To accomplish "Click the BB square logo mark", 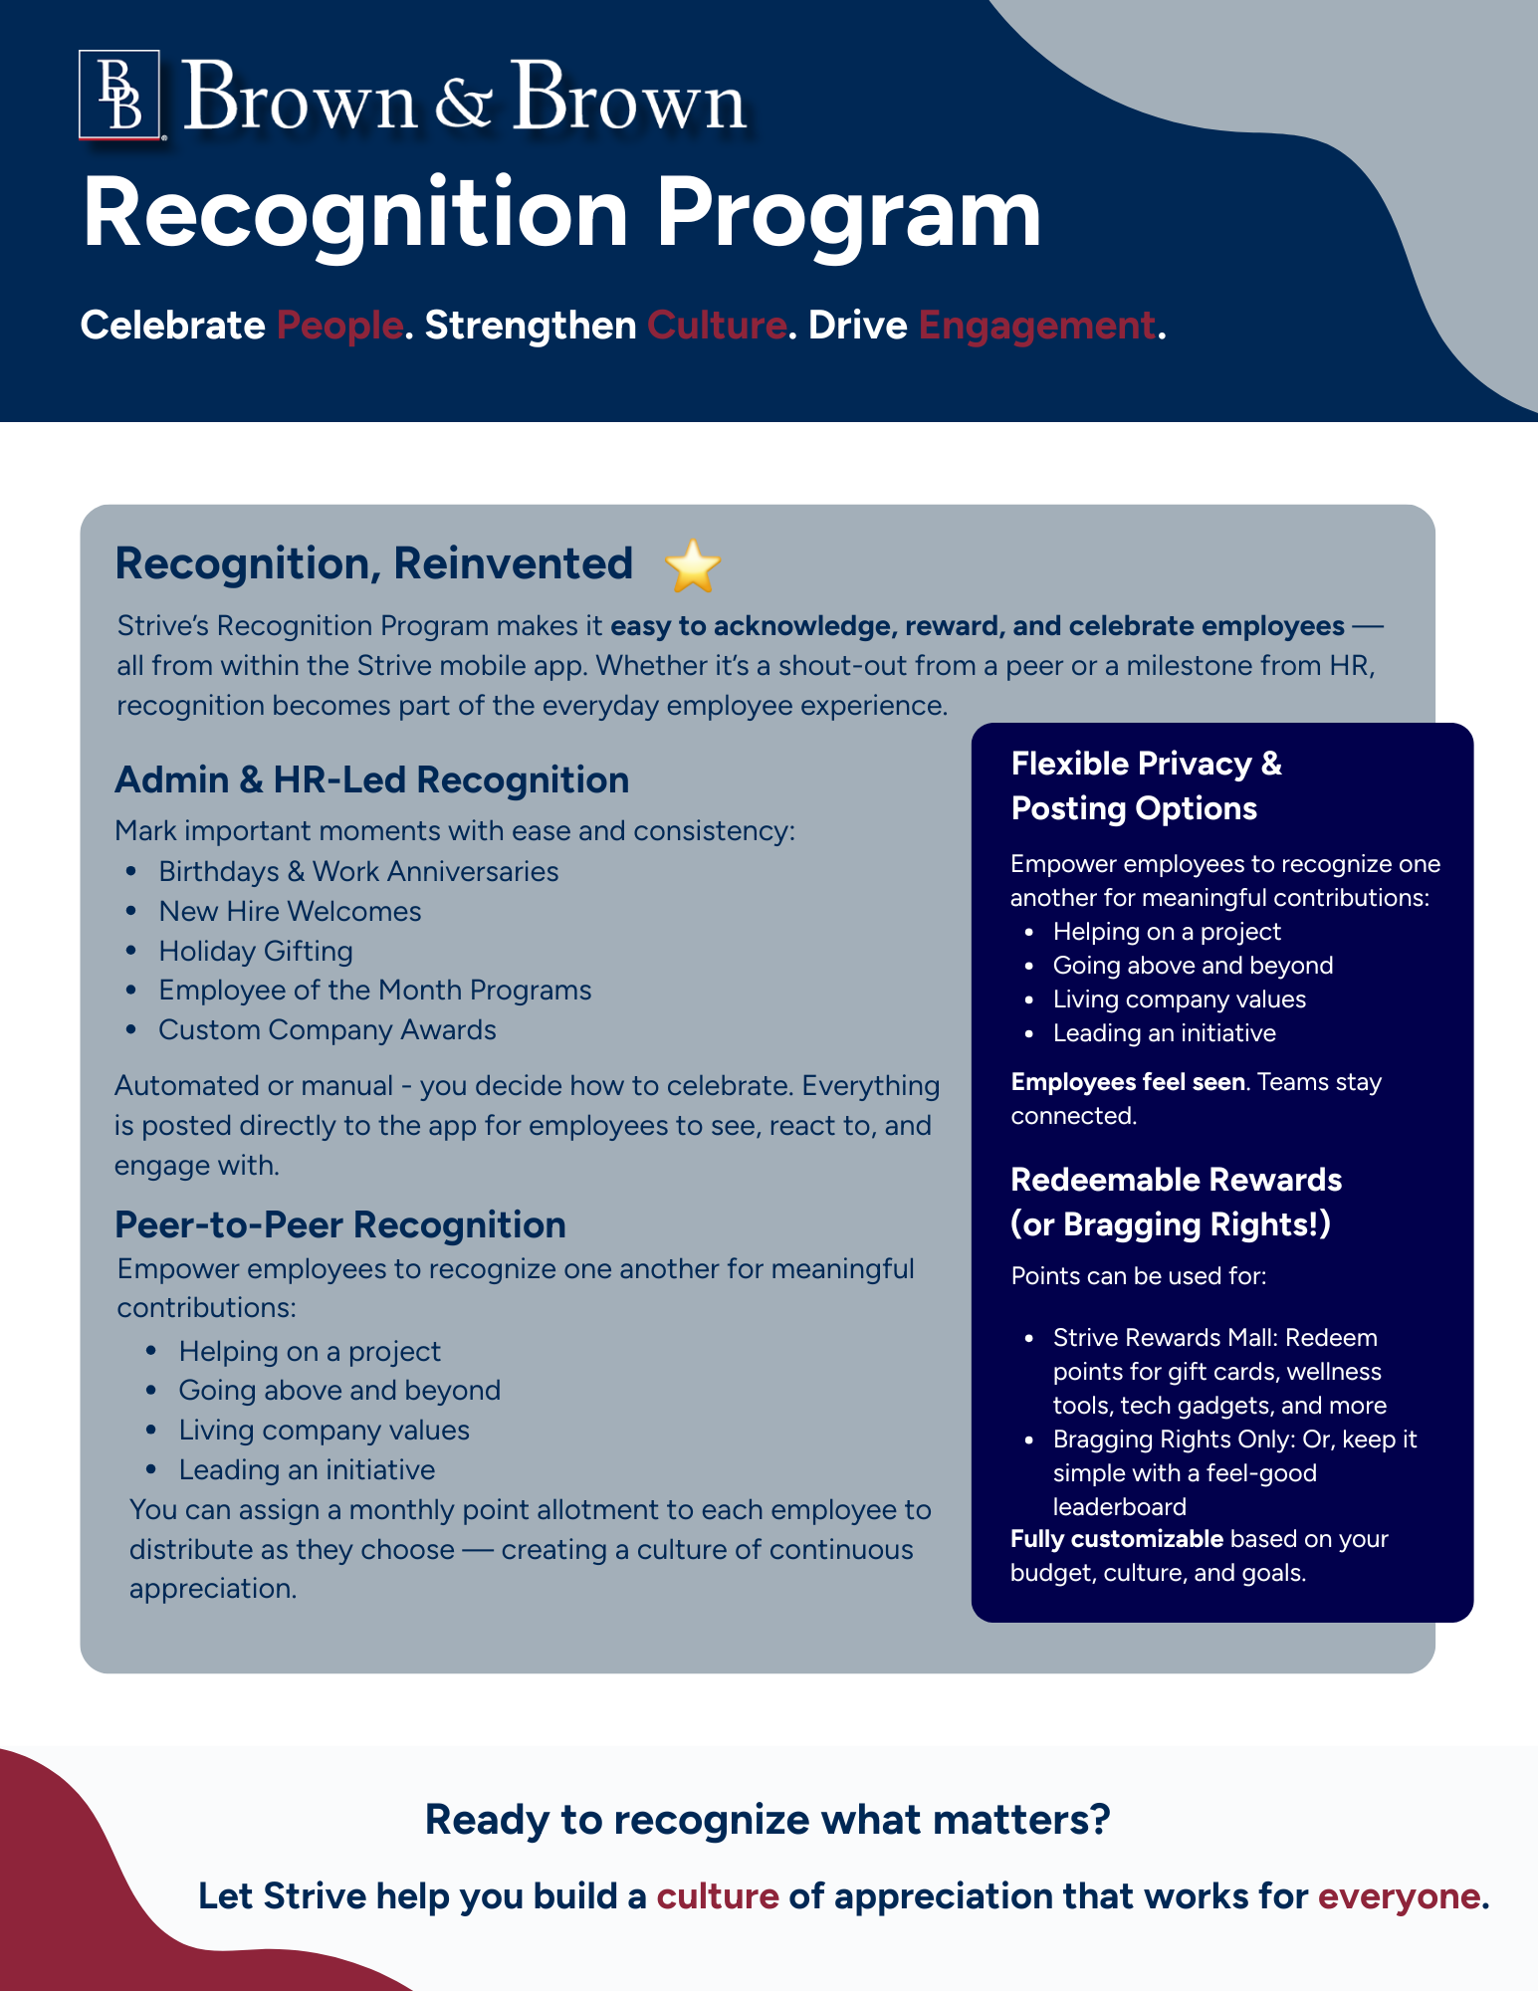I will click(119, 96).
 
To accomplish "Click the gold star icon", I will click(692, 565).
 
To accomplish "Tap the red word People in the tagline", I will click(339, 326).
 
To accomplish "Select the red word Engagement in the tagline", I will click(1036, 326).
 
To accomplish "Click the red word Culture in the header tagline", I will click(717, 326).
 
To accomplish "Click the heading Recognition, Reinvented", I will click(374, 563).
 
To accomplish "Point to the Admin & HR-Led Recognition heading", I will click(372, 779).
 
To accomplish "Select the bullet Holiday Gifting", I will click(256, 951).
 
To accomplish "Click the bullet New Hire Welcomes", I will click(290, 911).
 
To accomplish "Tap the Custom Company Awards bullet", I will click(328, 1029).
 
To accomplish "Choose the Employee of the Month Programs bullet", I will click(375, 990).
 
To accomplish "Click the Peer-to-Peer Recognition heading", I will click(340, 1224).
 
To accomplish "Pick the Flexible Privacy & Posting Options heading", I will click(1145, 785).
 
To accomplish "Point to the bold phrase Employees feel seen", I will click(1128, 1082).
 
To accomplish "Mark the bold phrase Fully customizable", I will click(1116, 1539).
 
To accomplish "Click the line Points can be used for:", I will click(1139, 1276).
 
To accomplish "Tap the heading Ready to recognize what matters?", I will click(768, 1820).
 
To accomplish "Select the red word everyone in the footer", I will click(1399, 1896).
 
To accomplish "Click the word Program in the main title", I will click(848, 214).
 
